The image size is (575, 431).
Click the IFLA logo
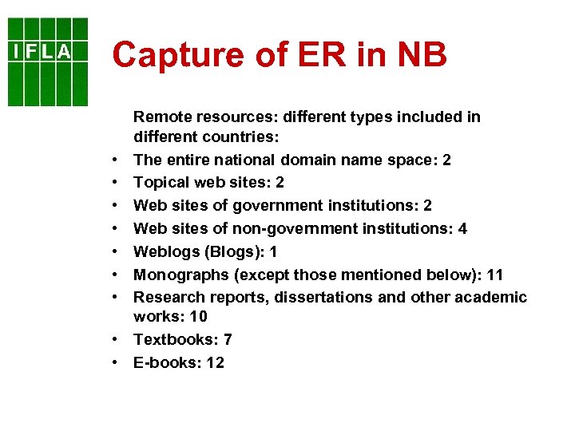pos(47,61)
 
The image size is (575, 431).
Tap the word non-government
pos(264,229)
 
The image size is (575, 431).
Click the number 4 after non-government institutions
pos(463,229)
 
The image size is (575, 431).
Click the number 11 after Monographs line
pos(494,275)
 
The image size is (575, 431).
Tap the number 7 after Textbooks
pos(228,340)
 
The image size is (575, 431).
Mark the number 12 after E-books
pos(214,362)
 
